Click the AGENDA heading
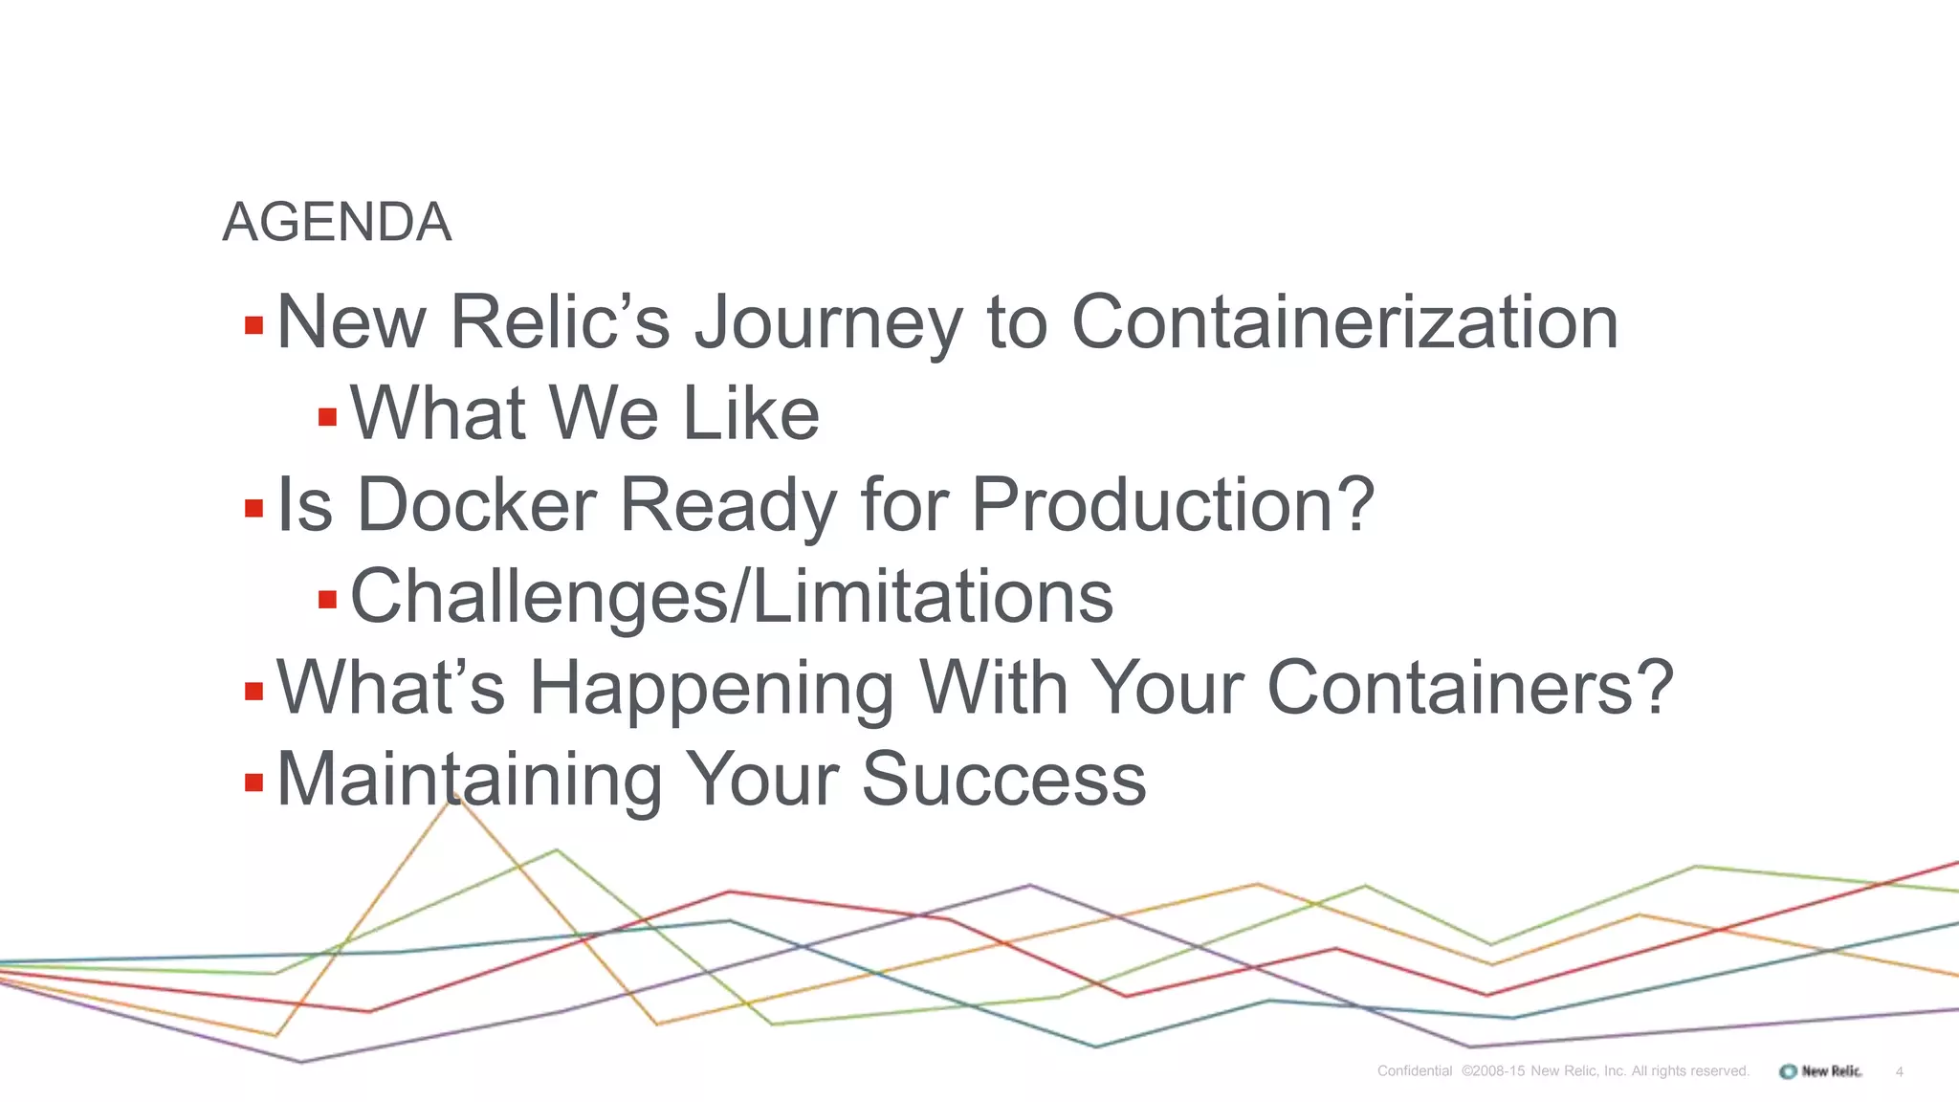click(337, 223)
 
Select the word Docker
click(476, 505)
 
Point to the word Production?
click(1173, 505)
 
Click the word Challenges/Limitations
click(732, 597)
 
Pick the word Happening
click(712, 689)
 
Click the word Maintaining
click(469, 780)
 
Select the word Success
click(1003, 780)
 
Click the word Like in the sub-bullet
click(751, 414)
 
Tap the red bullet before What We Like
click(327, 417)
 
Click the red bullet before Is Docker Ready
click(253, 507)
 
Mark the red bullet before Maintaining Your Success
click(253, 783)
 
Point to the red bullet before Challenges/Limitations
click(327, 600)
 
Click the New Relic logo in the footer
click(1820, 1071)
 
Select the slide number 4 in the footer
click(1899, 1072)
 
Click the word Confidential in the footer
click(1414, 1071)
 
